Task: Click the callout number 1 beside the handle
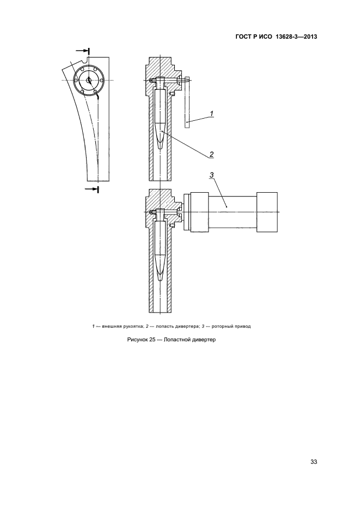point(211,114)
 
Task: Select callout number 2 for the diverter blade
point(211,153)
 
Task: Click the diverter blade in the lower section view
point(160,250)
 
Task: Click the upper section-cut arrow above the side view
point(82,51)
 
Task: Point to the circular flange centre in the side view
point(89,79)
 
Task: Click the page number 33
point(313,462)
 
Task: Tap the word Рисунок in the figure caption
point(139,340)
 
